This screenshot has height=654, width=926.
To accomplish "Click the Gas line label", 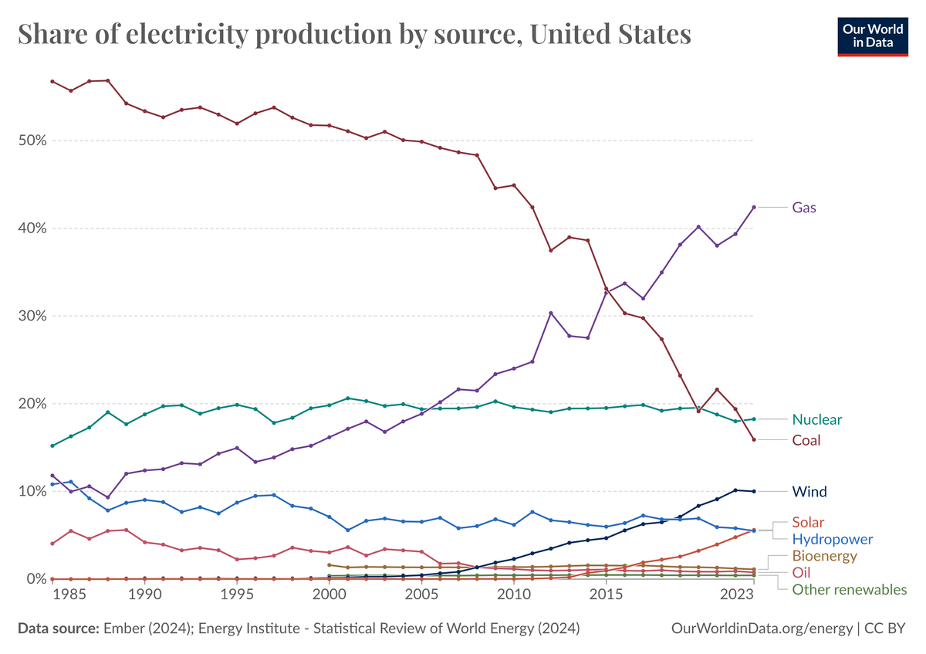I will click(x=804, y=208).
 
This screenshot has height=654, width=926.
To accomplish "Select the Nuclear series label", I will click(x=817, y=419).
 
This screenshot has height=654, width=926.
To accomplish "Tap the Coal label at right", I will click(x=806, y=440).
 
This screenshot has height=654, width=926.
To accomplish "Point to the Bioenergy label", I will click(x=825, y=556).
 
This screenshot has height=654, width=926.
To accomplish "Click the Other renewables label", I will click(x=850, y=590).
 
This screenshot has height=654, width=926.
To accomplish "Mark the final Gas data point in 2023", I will click(x=754, y=207).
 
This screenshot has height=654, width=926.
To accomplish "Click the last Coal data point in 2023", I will click(x=754, y=439).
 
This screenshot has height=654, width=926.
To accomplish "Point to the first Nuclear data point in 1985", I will click(x=52, y=446).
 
